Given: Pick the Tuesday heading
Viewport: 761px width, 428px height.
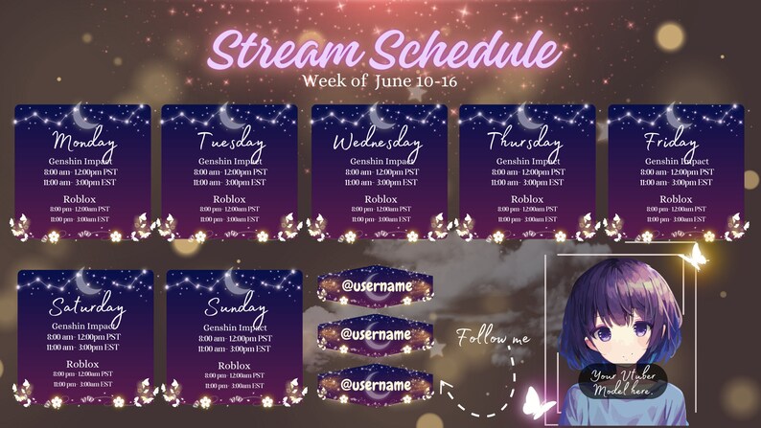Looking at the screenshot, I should click(230, 142).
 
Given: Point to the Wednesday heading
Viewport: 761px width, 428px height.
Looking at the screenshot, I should click(377, 143).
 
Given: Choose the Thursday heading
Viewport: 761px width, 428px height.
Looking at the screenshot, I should click(526, 141).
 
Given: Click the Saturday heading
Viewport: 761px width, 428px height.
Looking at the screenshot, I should click(86, 308).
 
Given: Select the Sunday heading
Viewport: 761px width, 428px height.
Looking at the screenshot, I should click(234, 308).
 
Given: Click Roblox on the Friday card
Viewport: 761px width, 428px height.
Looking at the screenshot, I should click(676, 199).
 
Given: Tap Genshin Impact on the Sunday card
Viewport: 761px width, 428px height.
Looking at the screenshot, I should click(234, 327).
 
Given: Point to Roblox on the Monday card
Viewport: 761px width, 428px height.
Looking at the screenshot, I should click(82, 199).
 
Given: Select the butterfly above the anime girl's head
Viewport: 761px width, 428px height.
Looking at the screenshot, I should click(693, 256).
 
